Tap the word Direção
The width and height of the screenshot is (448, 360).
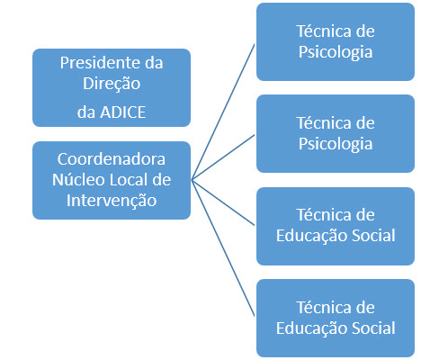click(112, 84)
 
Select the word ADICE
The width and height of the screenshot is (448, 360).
click(123, 112)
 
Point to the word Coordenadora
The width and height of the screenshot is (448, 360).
click(112, 159)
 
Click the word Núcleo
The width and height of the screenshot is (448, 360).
click(78, 180)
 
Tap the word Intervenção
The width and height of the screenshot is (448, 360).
click(112, 201)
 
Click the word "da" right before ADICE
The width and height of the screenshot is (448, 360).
click(86, 112)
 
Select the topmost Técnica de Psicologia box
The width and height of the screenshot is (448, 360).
click(336, 41)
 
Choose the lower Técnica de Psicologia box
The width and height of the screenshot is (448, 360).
click(336, 133)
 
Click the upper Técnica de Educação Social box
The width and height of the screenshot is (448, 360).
click(336, 226)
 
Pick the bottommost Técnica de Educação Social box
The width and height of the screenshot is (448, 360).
click(336, 318)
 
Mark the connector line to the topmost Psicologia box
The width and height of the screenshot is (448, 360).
click(223, 112)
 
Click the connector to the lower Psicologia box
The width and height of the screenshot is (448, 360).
click(223, 157)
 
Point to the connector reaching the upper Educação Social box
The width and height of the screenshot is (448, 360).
click(223, 202)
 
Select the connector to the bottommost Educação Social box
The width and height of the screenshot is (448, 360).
click(223, 248)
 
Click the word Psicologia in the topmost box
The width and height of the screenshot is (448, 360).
click(336, 52)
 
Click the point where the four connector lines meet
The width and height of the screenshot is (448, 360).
click(192, 180)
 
